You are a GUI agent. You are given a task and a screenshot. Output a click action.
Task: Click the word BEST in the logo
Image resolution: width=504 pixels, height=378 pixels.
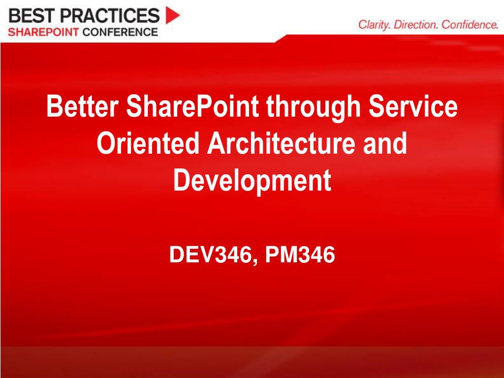point(31,16)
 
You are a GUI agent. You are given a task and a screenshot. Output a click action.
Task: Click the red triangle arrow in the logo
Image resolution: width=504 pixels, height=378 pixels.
point(172,15)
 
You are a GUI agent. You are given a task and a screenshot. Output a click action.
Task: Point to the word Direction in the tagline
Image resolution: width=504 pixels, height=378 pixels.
point(416,25)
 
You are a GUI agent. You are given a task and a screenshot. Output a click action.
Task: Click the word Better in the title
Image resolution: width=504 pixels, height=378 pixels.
point(82,107)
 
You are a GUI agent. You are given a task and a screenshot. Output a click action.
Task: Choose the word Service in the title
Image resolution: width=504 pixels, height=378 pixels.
point(419,107)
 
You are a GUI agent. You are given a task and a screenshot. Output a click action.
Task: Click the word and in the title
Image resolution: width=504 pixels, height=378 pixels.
point(387,144)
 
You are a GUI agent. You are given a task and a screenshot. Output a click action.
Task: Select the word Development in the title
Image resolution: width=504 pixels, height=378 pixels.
point(252,181)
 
